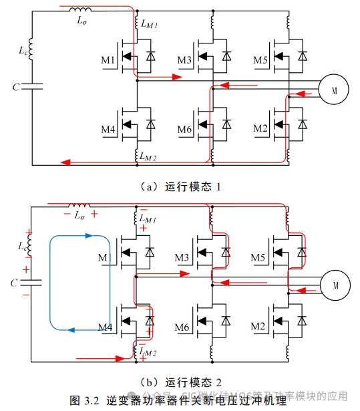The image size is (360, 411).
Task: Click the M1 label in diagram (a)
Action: pos(108,61)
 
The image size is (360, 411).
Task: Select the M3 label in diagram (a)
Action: pos(184,61)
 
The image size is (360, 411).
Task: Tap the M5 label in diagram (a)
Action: pos(260,61)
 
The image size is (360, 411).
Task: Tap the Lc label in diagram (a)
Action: pos(22,50)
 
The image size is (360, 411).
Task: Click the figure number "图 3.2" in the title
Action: pos(84,400)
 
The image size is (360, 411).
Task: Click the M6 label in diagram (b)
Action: pos(184,325)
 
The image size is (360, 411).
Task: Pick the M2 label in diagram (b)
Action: pos(260,325)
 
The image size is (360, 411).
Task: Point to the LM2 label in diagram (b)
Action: pos(148,350)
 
